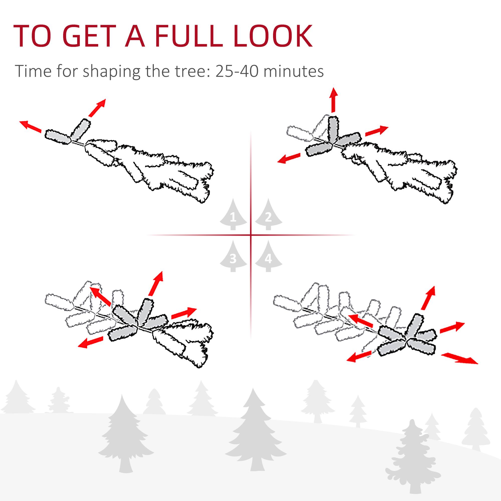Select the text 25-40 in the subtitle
[x=236, y=71]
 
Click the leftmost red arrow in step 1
[x=31, y=126]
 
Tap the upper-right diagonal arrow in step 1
[x=97, y=107]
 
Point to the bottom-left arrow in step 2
[x=289, y=158]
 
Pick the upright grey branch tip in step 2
[x=333, y=130]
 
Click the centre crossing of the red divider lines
[x=251, y=235]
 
